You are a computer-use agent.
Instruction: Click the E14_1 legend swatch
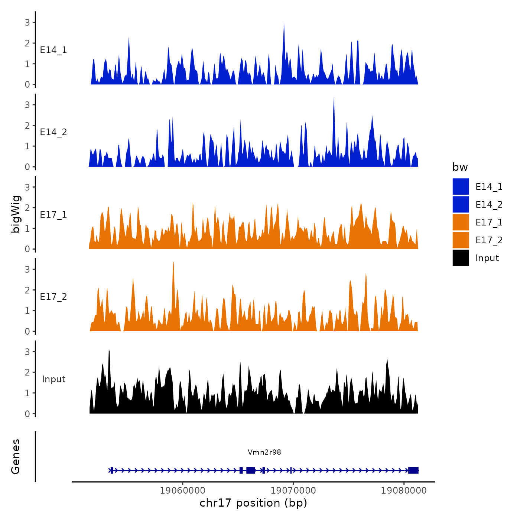461,186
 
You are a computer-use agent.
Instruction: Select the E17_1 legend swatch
461,222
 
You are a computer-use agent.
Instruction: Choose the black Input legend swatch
461,258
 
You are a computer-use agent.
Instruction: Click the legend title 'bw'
460,167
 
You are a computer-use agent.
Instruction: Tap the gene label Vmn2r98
264,452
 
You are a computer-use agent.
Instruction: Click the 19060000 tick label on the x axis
183,490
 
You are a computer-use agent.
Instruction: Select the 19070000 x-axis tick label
293,490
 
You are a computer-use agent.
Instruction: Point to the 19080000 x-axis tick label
404,490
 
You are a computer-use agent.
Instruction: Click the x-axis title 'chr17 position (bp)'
253,503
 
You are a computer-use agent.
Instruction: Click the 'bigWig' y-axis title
16,214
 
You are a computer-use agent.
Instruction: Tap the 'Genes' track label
16,456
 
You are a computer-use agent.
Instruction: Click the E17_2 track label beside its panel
53,296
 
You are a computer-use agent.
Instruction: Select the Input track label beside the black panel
53,379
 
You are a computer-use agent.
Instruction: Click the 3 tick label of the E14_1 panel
27,22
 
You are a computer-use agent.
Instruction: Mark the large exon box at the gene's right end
413,471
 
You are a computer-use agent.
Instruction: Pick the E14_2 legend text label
489,204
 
